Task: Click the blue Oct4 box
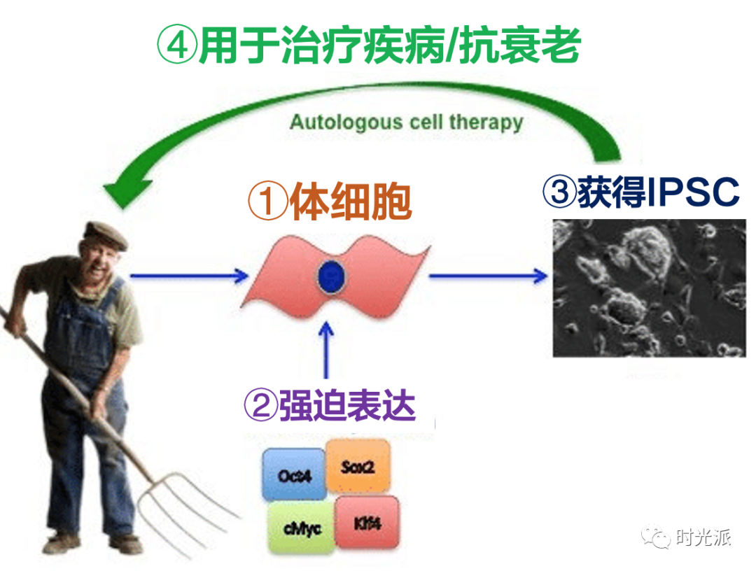[x=295, y=475]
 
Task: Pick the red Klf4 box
[x=367, y=523]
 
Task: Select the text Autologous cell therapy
[x=406, y=123]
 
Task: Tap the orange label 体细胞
[x=350, y=202]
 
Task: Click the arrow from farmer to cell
[x=189, y=275]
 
